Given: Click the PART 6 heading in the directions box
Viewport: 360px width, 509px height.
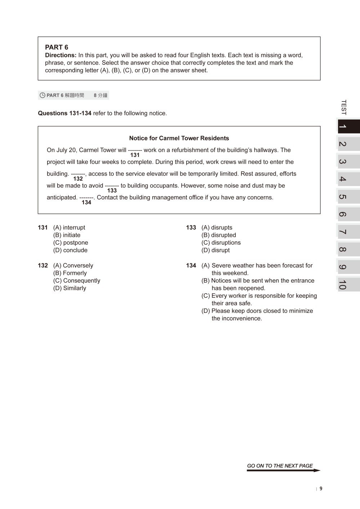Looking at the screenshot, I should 57,47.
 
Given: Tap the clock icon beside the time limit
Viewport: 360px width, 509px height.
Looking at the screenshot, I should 42,95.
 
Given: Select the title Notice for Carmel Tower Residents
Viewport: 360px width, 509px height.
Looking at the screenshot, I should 179,138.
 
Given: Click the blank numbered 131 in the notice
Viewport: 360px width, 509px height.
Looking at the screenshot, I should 135,150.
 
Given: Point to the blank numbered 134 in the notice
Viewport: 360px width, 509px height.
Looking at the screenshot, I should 86,198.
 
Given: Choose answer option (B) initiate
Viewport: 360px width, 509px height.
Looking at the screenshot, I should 67,235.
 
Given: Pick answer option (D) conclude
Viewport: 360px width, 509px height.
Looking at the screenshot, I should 70,250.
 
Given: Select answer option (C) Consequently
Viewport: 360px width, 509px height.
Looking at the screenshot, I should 77,280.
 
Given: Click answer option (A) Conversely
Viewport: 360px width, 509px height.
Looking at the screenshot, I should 73,265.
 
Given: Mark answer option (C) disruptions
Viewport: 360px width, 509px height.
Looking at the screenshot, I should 221,243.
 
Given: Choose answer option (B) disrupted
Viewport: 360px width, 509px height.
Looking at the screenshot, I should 219,235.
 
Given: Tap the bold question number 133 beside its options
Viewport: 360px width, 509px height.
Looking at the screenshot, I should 191,228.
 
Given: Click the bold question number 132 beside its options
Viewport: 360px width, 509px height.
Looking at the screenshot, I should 43,265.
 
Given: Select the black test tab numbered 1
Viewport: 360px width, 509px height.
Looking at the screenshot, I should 348,127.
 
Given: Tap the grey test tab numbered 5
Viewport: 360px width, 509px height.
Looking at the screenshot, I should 348,197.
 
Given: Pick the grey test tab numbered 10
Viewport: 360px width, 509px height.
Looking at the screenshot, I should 348,284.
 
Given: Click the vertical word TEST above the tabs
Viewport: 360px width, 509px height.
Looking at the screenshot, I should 343,107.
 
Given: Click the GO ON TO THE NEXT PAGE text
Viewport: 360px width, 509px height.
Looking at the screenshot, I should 280,466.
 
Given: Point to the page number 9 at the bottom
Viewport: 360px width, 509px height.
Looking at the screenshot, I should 321,488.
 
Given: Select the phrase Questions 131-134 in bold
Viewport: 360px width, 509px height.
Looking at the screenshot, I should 64,113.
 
